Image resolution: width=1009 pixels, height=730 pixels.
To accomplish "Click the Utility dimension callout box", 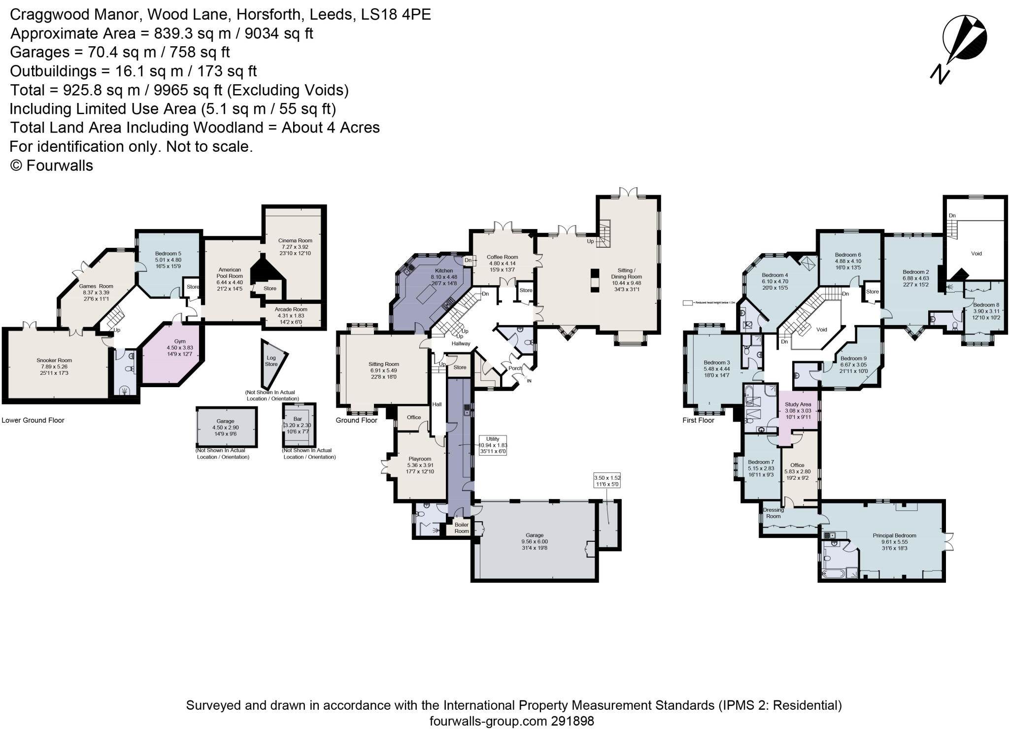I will click(492, 445).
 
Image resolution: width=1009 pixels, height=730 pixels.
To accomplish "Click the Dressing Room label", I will click(773, 513).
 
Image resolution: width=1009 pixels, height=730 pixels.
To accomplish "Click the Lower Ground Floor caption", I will click(33, 420).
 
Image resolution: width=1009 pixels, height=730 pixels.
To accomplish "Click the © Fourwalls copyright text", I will click(52, 165).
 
